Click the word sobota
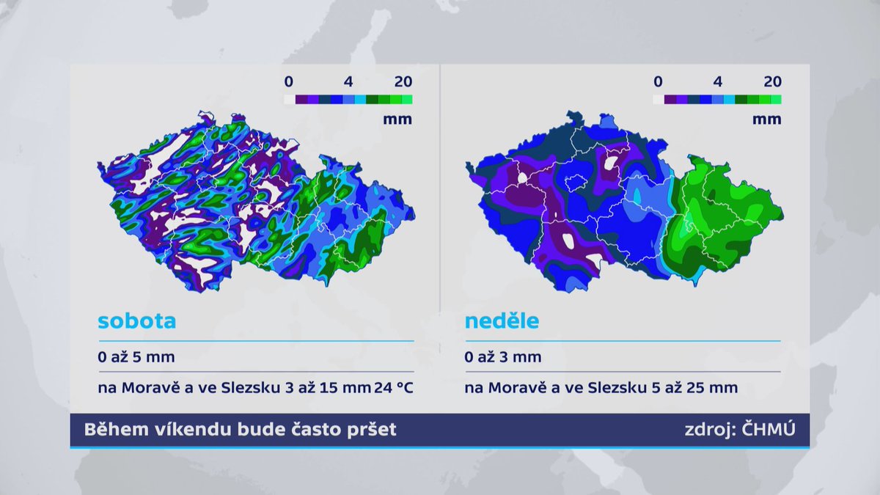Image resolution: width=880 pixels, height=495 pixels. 137,321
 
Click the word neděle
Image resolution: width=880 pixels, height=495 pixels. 502,321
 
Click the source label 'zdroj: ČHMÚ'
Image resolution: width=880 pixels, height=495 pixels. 739,430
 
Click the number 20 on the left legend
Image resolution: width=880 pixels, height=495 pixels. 403,81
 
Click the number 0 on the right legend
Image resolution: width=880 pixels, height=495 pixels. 659,81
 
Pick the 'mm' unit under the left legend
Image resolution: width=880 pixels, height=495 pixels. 397,120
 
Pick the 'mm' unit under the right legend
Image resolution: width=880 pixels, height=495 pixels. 766,120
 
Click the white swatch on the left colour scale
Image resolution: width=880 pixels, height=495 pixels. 289,99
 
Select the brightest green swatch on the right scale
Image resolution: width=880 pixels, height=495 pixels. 776,99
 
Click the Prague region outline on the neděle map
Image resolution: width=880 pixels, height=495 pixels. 576,180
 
